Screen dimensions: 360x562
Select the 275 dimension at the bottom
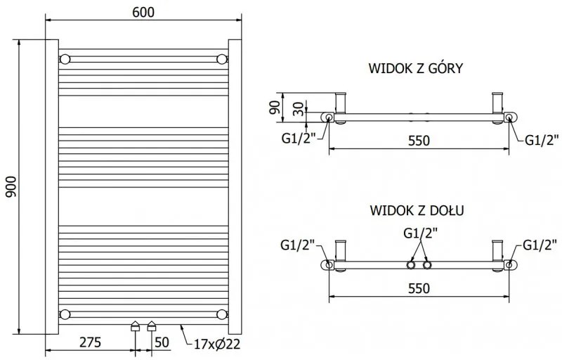[89, 342]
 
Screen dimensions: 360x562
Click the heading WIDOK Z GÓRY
[414, 68]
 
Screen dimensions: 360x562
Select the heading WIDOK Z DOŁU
[414, 210]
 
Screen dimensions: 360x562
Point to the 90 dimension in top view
[275, 107]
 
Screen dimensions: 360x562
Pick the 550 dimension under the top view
[419, 141]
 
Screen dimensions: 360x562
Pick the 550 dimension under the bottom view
[419, 288]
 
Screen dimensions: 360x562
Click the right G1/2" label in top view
[541, 139]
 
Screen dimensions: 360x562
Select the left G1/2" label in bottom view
[296, 245]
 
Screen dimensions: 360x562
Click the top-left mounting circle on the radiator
[65, 58]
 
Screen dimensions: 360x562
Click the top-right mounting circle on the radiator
[222, 58]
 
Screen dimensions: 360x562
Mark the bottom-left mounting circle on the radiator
[65, 314]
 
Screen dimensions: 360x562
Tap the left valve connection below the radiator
[135, 326]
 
